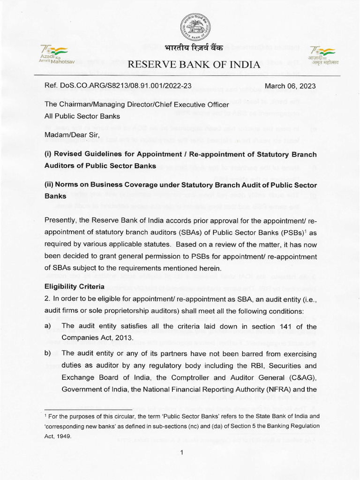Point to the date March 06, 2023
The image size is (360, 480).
(290, 86)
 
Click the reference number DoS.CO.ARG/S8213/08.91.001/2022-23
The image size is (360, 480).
(112, 86)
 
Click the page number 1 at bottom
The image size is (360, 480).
(181, 452)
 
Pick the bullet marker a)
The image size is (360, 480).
(47, 326)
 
